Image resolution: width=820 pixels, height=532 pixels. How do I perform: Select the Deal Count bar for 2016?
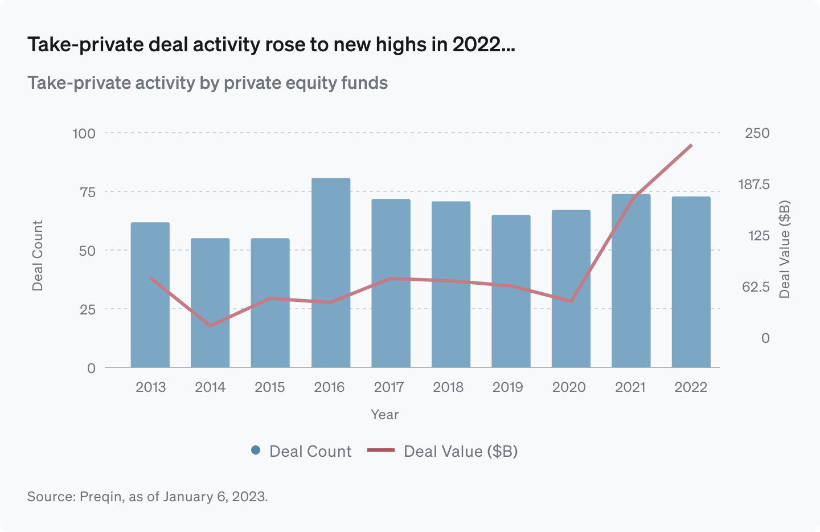(x=330, y=273)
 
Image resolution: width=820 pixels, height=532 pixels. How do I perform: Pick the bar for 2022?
(x=691, y=282)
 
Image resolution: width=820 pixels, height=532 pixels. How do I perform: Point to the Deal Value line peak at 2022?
(x=691, y=145)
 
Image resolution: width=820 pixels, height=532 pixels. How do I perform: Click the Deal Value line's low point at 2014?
(x=210, y=326)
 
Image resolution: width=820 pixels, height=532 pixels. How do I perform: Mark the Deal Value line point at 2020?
(x=571, y=301)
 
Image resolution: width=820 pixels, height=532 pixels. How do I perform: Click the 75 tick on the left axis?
(x=87, y=192)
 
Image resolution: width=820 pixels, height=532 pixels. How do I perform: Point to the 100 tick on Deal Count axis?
(x=84, y=133)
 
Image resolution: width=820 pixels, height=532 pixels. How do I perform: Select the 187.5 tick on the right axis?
(x=753, y=185)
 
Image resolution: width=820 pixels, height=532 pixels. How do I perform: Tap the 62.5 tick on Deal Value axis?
(x=756, y=287)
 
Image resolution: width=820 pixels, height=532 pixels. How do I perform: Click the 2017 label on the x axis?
(x=388, y=387)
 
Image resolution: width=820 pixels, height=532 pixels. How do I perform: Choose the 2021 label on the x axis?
(x=630, y=387)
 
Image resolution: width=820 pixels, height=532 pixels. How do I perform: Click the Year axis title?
(x=384, y=415)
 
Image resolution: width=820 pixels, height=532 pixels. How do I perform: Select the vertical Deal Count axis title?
(x=38, y=256)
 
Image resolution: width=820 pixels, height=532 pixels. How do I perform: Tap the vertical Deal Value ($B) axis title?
(x=785, y=249)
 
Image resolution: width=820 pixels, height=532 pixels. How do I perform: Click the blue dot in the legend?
(x=256, y=451)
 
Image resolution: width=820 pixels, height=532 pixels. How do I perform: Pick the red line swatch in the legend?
(x=381, y=451)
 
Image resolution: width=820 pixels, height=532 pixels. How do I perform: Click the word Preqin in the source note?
(x=100, y=497)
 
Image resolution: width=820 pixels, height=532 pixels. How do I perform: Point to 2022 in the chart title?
(x=477, y=44)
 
